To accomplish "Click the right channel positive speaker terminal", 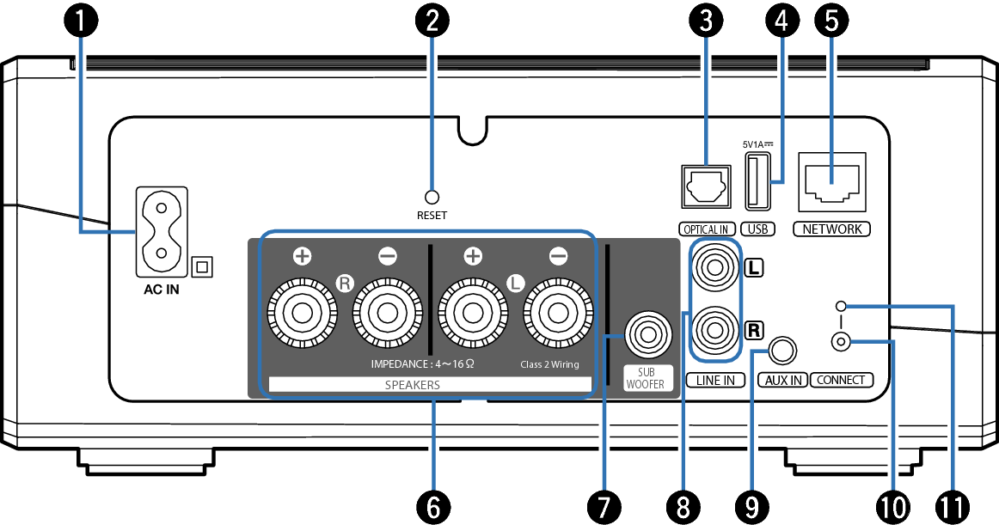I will click(x=302, y=313).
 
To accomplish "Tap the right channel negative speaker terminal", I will click(x=388, y=313).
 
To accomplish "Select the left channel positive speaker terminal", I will click(x=473, y=313).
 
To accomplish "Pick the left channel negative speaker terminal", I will click(x=558, y=313).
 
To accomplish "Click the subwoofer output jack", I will click(x=647, y=334).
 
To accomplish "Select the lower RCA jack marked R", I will click(x=715, y=329).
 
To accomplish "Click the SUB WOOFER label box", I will click(x=645, y=379).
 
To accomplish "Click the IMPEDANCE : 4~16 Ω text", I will click(x=422, y=364).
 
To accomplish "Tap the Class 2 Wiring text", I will click(x=549, y=364).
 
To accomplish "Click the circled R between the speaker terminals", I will click(x=345, y=283).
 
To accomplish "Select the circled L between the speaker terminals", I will click(x=515, y=283).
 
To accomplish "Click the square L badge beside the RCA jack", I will click(x=754, y=267).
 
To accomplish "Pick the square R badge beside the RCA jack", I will click(x=754, y=330).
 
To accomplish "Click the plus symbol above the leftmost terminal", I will click(x=302, y=256).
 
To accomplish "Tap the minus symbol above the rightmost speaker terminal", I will click(x=558, y=256).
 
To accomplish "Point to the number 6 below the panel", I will click(x=433, y=507).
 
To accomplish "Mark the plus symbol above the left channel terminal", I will click(x=473, y=256).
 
